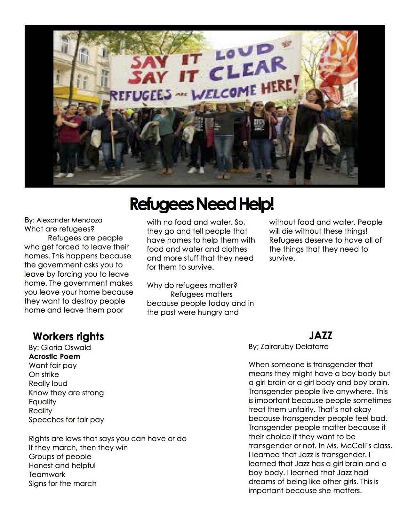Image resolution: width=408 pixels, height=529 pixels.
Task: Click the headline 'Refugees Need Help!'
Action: point(202,204)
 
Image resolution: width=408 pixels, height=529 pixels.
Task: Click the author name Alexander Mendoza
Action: point(69,220)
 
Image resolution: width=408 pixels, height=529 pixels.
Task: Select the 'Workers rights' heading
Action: point(68,336)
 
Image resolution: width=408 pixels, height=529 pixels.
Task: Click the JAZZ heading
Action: point(320,335)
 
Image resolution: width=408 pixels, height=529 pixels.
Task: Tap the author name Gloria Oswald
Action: point(66,348)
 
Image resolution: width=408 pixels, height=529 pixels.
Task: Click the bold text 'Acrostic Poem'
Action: point(54,357)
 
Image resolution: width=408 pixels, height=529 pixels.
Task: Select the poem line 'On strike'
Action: point(44,374)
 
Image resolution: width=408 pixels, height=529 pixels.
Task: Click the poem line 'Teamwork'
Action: point(47,474)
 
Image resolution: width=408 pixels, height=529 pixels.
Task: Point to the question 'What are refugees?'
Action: point(59,229)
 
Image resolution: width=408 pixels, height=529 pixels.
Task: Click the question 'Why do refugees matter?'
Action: point(196,285)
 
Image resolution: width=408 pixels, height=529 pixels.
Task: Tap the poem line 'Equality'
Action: point(43,402)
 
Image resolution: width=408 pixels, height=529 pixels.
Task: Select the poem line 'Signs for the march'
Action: point(62,483)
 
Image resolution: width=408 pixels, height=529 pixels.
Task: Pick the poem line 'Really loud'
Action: point(48,383)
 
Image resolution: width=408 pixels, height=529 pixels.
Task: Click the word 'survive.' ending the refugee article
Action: point(282,258)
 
